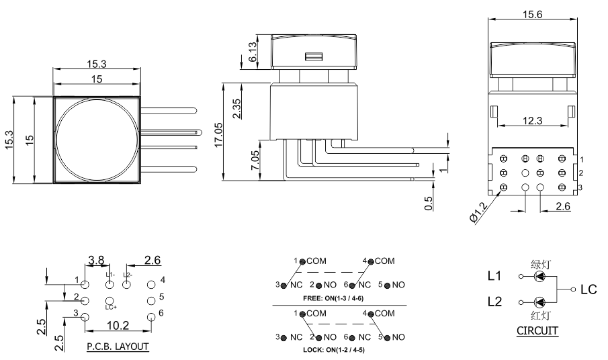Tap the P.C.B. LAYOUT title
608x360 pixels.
[118, 347]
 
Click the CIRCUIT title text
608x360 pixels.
[537, 330]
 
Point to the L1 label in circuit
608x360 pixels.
[494, 276]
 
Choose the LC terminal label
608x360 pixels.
[589, 289]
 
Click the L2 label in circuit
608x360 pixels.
[494, 304]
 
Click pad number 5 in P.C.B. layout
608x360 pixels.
[151, 300]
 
